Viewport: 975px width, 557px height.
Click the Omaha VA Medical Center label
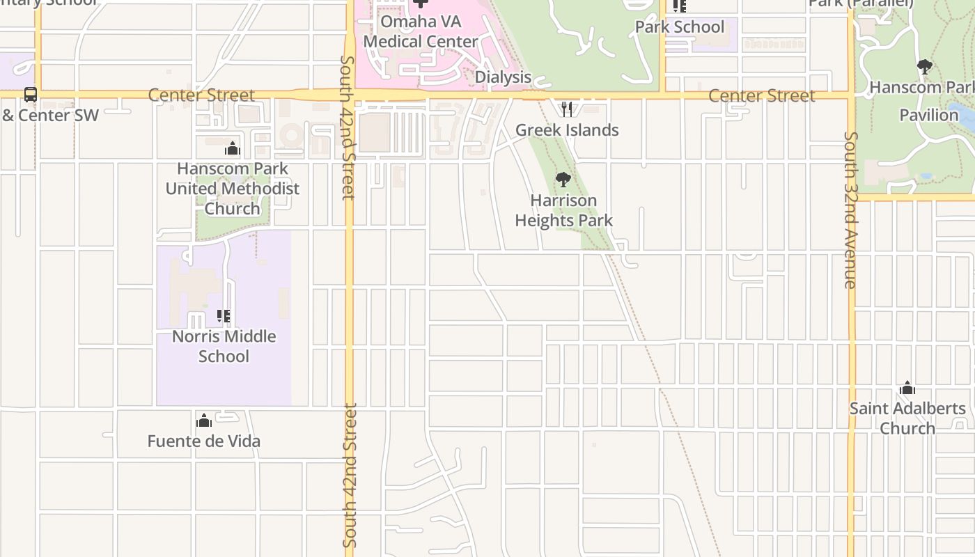(x=421, y=31)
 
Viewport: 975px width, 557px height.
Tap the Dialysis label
(x=503, y=77)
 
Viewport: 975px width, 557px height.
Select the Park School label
(x=680, y=27)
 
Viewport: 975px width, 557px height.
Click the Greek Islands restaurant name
(x=567, y=130)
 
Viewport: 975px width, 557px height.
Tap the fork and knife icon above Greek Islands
(x=567, y=109)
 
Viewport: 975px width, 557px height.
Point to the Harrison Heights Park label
(x=564, y=210)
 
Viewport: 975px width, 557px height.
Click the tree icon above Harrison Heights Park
(x=563, y=180)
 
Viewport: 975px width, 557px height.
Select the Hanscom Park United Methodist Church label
(x=233, y=189)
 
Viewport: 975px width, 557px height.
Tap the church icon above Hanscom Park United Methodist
(x=233, y=148)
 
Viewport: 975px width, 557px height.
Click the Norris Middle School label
(x=224, y=346)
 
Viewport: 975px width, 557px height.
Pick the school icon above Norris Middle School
(x=224, y=316)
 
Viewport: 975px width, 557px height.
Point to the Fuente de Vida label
(x=204, y=441)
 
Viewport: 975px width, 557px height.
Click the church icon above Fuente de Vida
(x=204, y=421)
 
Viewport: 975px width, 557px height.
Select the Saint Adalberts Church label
(x=907, y=418)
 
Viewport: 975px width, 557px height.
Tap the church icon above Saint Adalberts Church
(x=907, y=388)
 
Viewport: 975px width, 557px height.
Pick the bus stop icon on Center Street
(x=31, y=95)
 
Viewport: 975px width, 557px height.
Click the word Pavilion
(x=929, y=115)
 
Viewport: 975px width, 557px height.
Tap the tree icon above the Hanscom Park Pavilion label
(x=925, y=67)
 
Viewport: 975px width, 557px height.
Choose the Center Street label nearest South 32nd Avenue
(x=761, y=95)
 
